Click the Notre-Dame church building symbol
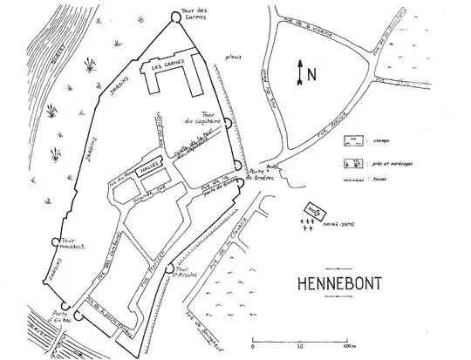pyautogui.click(x=313, y=210)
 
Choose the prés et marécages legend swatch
pyautogui.click(x=352, y=163)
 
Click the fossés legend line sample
pyautogui.click(x=352, y=186)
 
